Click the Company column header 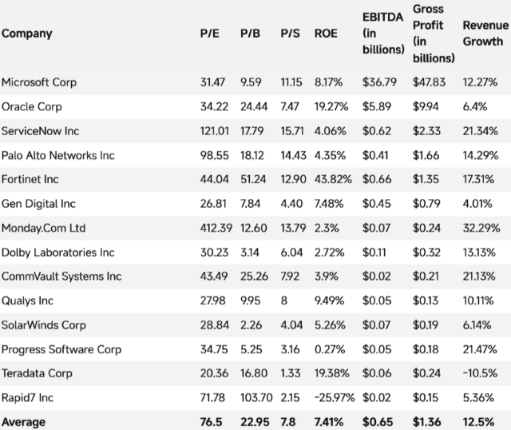[x=27, y=34]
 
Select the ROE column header [x=327, y=34]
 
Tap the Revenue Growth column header [x=485, y=34]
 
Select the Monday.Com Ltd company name [x=43, y=228]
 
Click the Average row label [x=24, y=421]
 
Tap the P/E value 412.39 [x=215, y=228]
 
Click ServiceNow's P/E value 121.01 [x=213, y=130]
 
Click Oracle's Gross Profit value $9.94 [x=427, y=106]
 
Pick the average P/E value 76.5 [x=211, y=421]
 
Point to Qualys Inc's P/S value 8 [x=284, y=301]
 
